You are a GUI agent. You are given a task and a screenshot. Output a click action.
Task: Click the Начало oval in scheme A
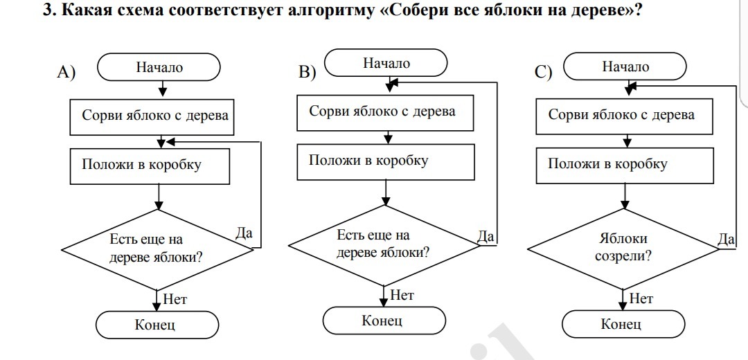point(159,67)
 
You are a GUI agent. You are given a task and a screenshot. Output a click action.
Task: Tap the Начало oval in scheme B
point(386,63)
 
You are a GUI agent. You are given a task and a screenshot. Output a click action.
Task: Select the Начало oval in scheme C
point(625,66)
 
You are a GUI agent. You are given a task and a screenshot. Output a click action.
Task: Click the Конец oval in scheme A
point(157,325)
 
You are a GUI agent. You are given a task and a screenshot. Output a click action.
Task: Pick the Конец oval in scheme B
point(384,321)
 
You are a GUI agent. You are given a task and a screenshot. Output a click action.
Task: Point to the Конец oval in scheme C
point(623,324)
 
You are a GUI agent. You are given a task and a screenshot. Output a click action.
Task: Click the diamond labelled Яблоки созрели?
point(623,249)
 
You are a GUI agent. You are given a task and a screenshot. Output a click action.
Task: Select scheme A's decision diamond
point(157,249)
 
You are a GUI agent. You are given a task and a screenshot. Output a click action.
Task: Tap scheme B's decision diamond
point(384,245)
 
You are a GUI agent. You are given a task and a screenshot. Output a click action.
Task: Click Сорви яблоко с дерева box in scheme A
point(152,117)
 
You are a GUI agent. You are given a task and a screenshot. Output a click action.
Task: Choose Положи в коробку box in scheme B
point(386,162)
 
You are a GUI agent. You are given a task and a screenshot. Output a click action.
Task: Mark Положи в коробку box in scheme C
point(625,165)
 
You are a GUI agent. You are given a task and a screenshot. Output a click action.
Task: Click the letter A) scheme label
point(66,72)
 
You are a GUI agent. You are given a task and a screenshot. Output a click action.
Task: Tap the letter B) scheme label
point(308,72)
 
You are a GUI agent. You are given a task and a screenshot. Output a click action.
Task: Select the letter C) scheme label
point(544,72)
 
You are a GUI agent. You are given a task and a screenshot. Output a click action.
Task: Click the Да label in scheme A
point(244,233)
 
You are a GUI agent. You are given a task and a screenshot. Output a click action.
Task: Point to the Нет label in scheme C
point(641,299)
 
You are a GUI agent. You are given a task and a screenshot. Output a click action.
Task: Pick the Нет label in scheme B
point(402,295)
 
